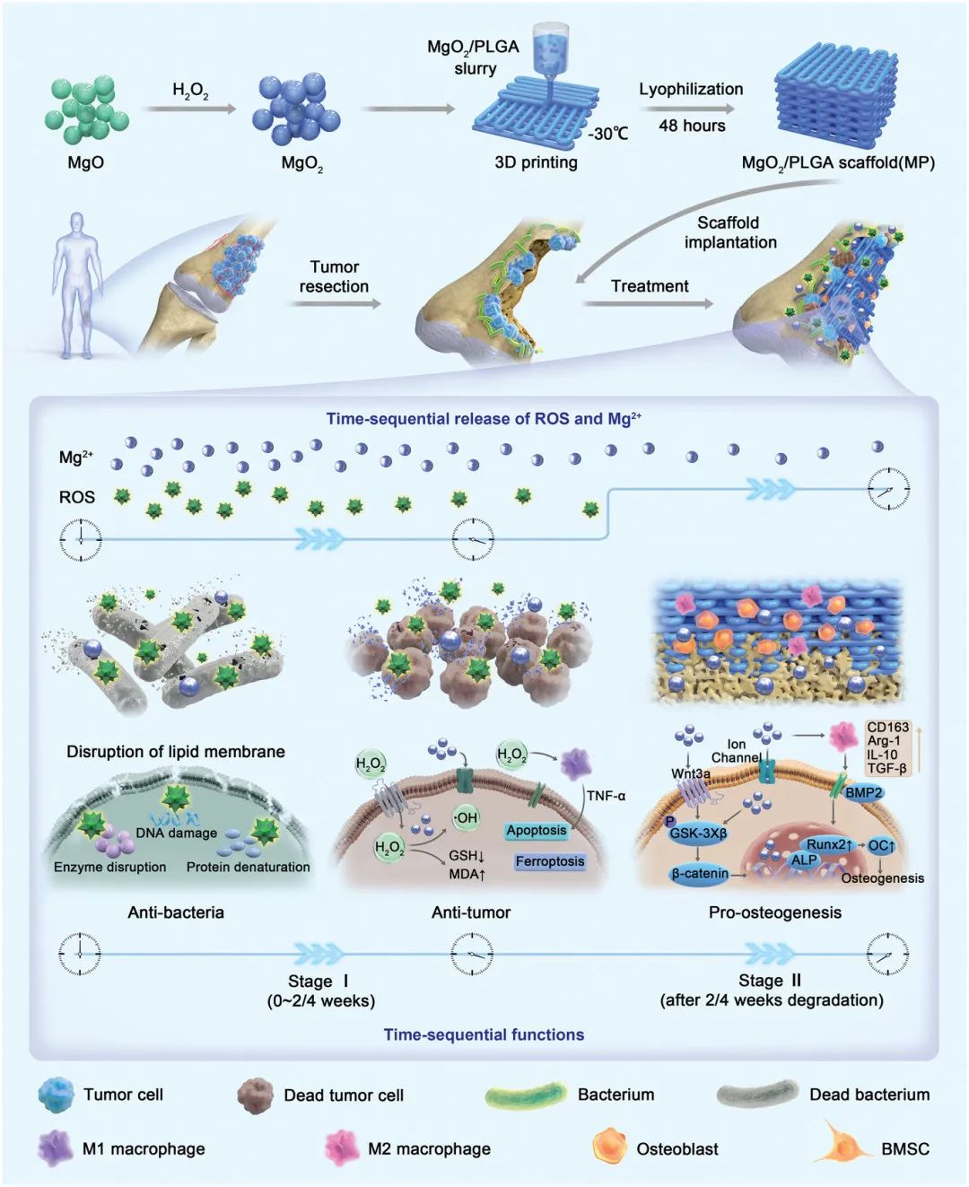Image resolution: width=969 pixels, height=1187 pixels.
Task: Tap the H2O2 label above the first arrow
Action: tap(190, 92)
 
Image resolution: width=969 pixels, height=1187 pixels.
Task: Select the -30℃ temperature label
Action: tap(607, 134)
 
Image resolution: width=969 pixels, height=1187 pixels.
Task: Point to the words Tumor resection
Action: tap(334, 276)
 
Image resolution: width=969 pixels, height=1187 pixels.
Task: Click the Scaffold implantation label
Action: tap(729, 232)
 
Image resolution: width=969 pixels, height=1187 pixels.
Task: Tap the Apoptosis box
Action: tap(536, 830)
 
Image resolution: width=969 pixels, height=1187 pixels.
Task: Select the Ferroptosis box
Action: tap(550, 861)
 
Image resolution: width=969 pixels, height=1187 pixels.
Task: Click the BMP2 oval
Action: tap(864, 793)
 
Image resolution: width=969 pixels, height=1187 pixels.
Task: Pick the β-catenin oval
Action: tap(700, 874)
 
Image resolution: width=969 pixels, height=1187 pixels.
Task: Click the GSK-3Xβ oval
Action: tap(697, 833)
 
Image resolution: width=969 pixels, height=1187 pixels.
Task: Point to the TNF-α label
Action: tap(606, 796)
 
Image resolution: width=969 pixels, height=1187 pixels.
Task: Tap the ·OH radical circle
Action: tap(466, 817)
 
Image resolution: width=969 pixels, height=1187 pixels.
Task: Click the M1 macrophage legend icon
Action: tap(55, 1148)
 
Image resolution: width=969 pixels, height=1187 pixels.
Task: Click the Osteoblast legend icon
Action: tap(610, 1148)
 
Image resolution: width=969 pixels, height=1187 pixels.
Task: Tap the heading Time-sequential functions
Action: tap(484, 1034)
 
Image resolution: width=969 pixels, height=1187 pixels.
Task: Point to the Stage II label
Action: tap(770, 981)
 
